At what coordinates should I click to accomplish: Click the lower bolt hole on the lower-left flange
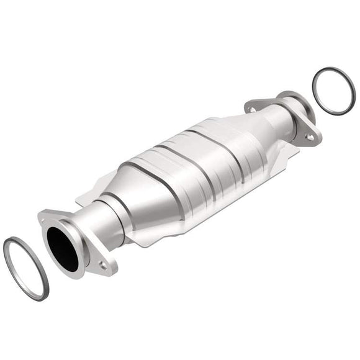pos(102,265)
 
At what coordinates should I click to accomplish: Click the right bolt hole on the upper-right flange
pos(308,137)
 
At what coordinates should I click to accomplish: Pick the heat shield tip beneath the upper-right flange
pos(292,149)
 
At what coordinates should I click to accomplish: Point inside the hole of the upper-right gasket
pos(334,91)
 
